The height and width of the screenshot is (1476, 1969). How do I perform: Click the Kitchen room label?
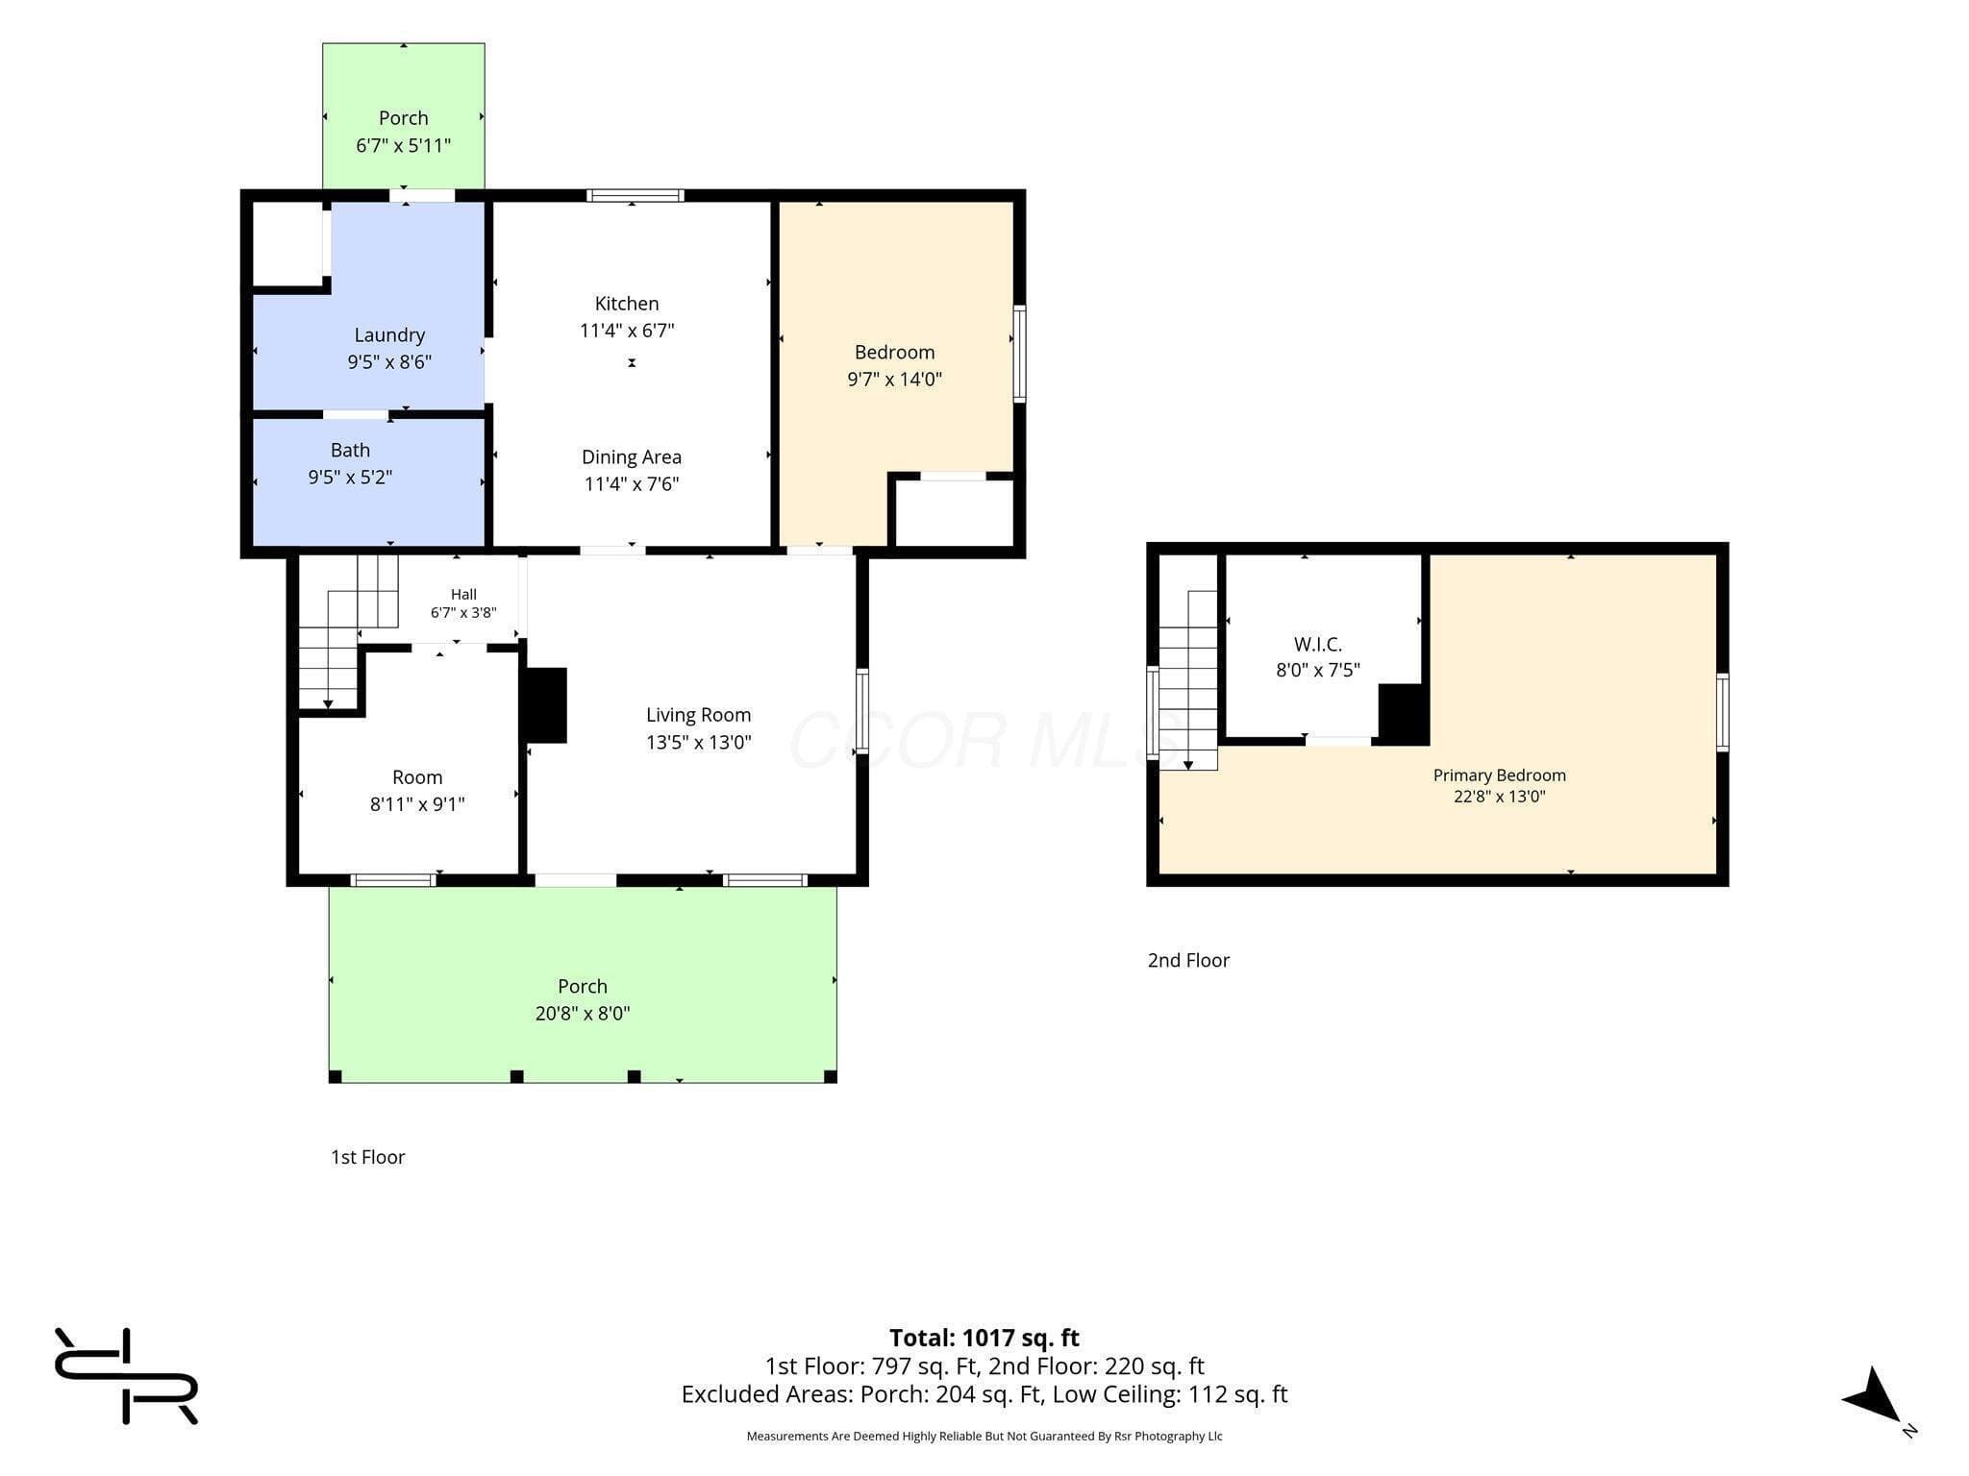pyautogui.click(x=627, y=304)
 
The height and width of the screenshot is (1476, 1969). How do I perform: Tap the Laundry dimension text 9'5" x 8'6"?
pyautogui.click(x=389, y=362)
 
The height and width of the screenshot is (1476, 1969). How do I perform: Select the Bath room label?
pyautogui.click(x=350, y=450)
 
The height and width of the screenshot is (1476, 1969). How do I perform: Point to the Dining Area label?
pyautogui.click(x=632, y=457)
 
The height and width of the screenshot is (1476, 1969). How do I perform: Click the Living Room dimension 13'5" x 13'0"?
pyautogui.click(x=699, y=742)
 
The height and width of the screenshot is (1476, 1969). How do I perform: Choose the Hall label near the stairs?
pyautogui.click(x=463, y=595)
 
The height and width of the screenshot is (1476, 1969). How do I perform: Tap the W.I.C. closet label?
pyautogui.click(x=1318, y=644)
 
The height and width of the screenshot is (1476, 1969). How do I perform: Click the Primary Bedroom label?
pyautogui.click(x=1500, y=775)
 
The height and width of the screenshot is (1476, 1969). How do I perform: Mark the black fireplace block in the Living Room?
pyautogui.click(x=543, y=705)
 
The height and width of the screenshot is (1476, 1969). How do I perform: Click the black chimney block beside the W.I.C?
pyautogui.click(x=1402, y=713)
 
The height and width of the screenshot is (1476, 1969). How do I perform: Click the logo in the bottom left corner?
pyautogui.click(x=126, y=1376)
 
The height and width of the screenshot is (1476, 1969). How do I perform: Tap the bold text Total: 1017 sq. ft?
pyautogui.click(x=984, y=1338)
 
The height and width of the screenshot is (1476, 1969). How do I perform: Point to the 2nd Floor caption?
pyautogui.click(x=1188, y=960)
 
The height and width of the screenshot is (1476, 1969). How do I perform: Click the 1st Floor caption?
pyautogui.click(x=368, y=1157)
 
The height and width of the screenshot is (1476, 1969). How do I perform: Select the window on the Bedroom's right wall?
pyautogui.click(x=1020, y=353)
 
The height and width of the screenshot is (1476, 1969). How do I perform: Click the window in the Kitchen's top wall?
pyautogui.click(x=636, y=195)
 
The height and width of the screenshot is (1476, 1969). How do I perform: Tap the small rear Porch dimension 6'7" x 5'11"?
pyautogui.click(x=404, y=146)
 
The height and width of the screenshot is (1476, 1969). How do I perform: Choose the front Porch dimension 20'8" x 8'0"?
pyautogui.click(x=583, y=1013)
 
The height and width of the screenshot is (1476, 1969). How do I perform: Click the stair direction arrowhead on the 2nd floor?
pyautogui.click(x=1188, y=765)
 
